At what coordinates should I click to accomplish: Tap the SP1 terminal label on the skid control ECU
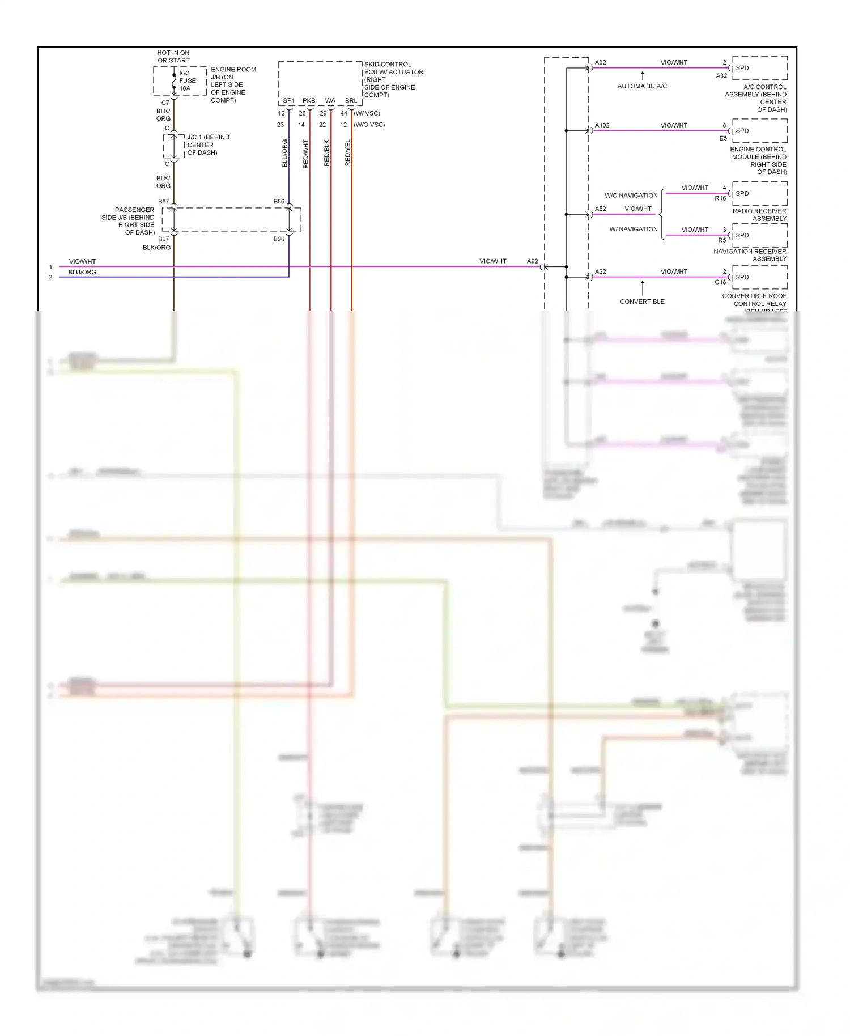pos(288,101)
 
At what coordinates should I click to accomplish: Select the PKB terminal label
pos(309,101)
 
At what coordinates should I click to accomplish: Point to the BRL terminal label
pos(351,101)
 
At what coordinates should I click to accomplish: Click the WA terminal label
pos(330,101)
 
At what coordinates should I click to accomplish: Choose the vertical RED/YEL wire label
pos(348,153)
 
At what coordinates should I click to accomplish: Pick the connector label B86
pos(279,202)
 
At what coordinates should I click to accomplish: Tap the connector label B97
pos(163,239)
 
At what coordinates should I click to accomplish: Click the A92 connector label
pos(532,261)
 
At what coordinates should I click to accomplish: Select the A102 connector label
pos(602,125)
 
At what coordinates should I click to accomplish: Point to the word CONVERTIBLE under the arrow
pos(642,302)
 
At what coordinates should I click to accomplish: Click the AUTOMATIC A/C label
pos(642,86)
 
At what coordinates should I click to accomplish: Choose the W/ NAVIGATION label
pos(634,230)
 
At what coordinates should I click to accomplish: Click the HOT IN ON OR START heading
pos(173,57)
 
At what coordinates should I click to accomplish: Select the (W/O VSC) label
pos(369,125)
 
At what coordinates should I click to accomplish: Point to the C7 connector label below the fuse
pos(165,103)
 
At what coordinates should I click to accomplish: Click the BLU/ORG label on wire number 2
pos(82,273)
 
